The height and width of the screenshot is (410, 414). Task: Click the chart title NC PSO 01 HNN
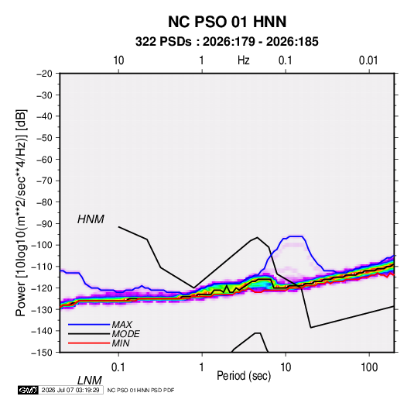(227, 22)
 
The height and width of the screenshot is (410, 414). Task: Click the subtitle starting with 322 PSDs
(227, 42)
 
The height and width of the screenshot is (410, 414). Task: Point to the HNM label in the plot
(91, 219)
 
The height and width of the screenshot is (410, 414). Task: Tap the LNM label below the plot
(90, 381)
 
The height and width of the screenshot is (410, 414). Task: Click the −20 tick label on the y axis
(44, 74)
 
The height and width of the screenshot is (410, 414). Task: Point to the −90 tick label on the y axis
(44, 224)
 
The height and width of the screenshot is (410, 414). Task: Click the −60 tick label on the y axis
(44, 159)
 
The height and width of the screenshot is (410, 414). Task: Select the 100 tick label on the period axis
(369, 367)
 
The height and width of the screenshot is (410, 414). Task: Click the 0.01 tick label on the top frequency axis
(368, 60)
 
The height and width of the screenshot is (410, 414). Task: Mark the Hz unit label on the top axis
(244, 60)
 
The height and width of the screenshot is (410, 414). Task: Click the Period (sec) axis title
(244, 376)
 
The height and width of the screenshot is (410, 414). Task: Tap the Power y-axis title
(21, 212)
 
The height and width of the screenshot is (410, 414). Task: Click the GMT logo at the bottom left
(29, 390)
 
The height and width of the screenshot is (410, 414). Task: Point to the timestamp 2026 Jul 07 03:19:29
(70, 390)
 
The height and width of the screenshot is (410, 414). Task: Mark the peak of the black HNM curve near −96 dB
(257, 237)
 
